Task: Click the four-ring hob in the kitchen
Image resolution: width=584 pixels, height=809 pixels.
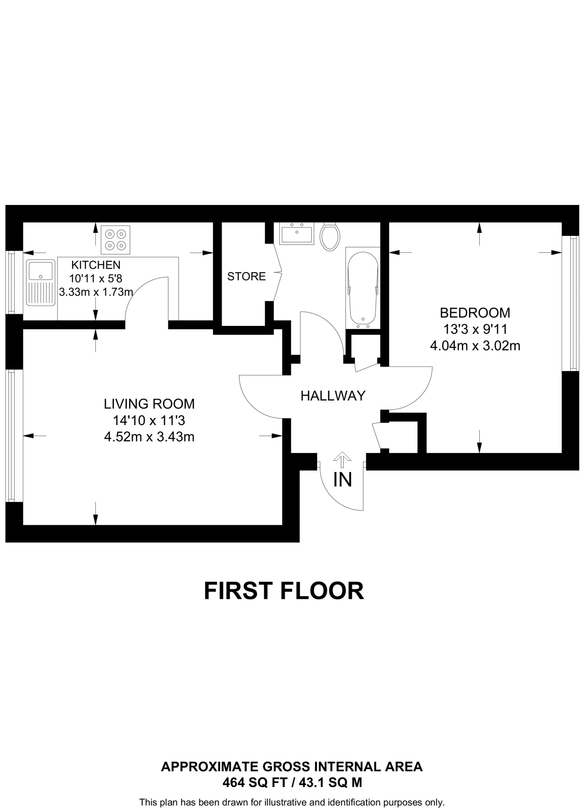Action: pos(115,240)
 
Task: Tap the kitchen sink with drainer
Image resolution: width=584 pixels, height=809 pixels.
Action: pos(40,282)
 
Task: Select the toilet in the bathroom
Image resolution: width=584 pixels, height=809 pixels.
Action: pos(330,237)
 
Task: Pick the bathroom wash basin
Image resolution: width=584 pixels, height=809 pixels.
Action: pos(297,233)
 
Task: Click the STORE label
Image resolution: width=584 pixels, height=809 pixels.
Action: pos(246,277)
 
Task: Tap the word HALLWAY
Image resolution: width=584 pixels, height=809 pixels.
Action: pos(333,395)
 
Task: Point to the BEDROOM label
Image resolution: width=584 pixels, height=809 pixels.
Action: pos(475,312)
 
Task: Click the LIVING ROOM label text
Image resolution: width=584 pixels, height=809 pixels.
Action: pos(149,404)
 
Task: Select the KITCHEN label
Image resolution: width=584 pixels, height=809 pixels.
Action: pos(96,265)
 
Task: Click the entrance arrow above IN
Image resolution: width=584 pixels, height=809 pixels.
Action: pos(342,460)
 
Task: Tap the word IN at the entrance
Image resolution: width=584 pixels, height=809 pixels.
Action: pos(342,480)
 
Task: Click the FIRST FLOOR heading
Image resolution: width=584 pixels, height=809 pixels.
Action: pos(284,591)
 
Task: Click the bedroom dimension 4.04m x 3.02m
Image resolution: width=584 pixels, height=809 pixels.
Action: pos(475,346)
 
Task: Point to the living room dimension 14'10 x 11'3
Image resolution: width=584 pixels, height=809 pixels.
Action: pos(149,420)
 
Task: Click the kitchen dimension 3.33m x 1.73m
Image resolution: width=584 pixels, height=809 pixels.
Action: pos(96,292)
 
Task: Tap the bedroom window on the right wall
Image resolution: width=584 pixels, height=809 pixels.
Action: pos(570,304)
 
